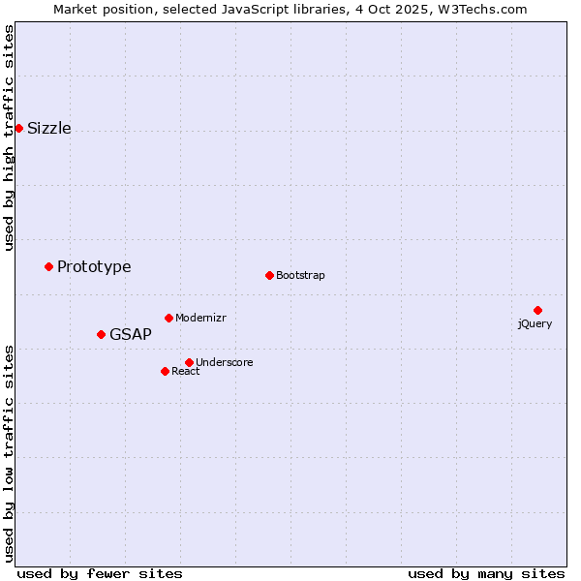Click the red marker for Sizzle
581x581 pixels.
tap(18, 128)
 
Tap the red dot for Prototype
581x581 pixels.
tap(48, 266)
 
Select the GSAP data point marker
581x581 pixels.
tap(101, 334)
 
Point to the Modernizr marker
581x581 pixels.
tap(168, 318)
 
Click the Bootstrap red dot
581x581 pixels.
tap(269, 275)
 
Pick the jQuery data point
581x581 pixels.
tap(537, 310)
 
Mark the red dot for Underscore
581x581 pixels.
tap(189, 362)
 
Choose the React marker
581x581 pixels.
tap(165, 371)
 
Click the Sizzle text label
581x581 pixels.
tap(49, 128)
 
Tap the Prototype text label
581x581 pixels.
tap(94, 266)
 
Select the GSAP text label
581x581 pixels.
tap(131, 334)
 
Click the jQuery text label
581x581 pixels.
tap(535, 323)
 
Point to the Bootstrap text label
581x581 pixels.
tap(300, 275)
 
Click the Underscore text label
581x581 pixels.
tap(225, 362)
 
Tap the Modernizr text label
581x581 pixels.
tap(200, 318)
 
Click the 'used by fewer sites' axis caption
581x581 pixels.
tap(100, 573)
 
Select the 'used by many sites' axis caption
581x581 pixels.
tap(486, 573)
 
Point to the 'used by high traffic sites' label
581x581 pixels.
tap(10, 138)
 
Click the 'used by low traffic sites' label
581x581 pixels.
tap(10, 452)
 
